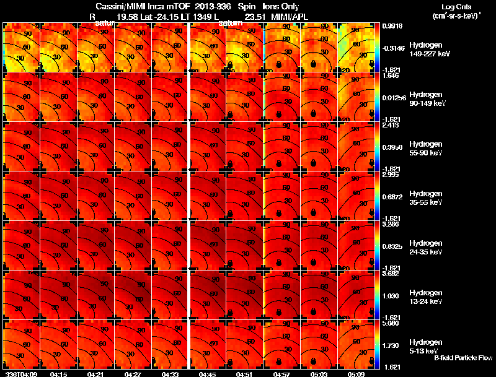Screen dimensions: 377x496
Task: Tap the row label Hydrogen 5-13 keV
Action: pyautogui.click(x=425, y=346)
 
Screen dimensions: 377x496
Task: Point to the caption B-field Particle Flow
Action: pyautogui.click(x=463, y=358)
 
